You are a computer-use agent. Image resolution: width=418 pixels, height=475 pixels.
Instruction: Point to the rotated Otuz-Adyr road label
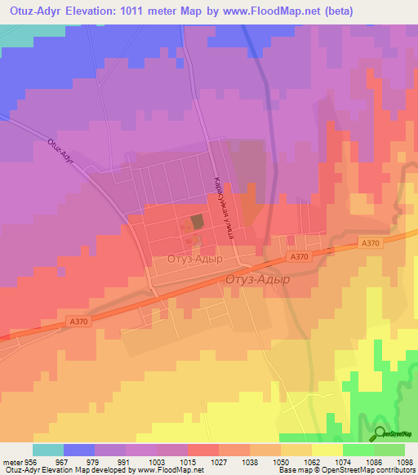coord(61,153)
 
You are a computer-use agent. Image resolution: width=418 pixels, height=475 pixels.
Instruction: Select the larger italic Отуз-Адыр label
coord(256,278)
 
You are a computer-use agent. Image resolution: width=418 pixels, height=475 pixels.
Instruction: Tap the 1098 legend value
coord(405,461)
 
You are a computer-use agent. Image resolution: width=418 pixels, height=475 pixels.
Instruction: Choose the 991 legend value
coord(126,461)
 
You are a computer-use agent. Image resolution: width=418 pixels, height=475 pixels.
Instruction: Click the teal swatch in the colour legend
coord(48,450)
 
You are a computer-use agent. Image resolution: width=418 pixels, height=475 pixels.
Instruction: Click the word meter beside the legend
coord(11,461)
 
